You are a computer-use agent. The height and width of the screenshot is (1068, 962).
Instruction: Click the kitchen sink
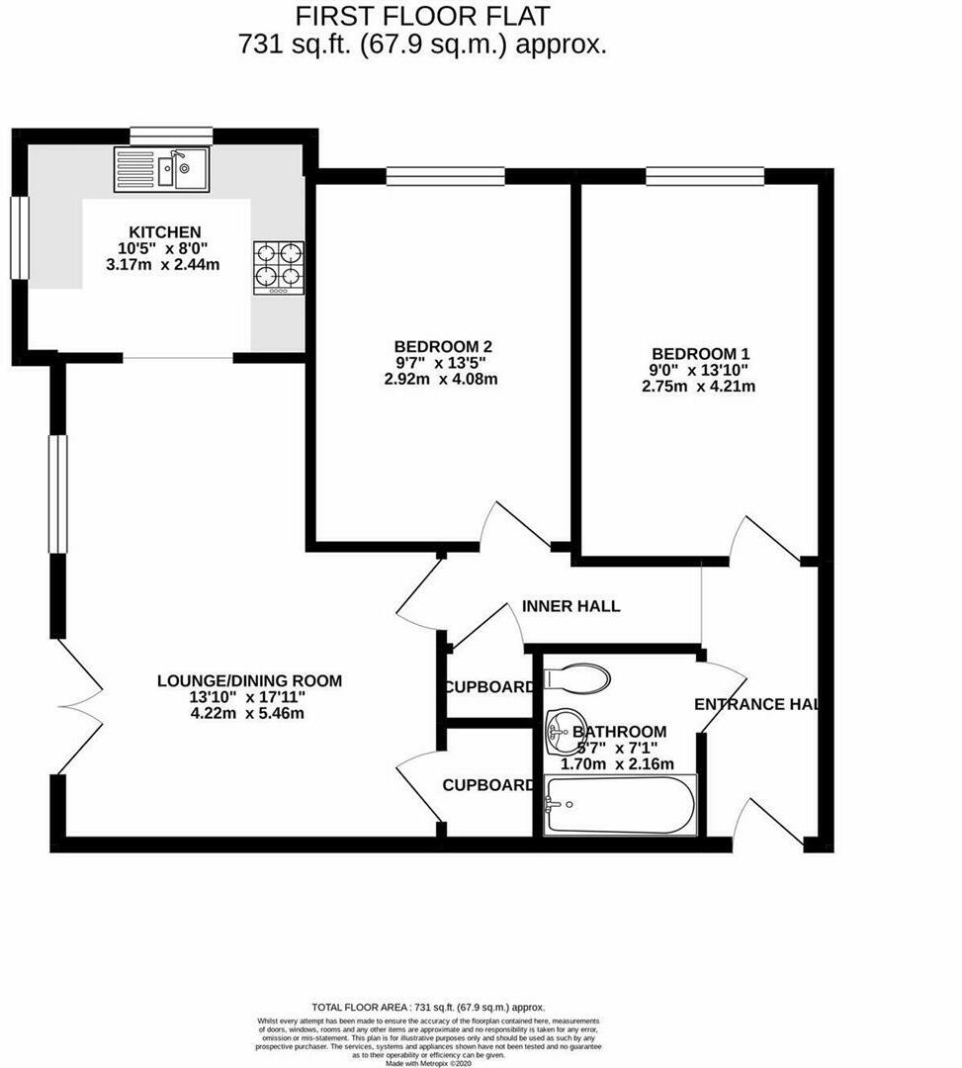pos(161,168)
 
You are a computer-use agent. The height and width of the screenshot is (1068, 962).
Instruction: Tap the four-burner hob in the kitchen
pos(279,267)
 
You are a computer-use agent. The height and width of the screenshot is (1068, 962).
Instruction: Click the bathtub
pos(621,805)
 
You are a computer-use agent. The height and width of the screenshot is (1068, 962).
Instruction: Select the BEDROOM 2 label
pos(443,346)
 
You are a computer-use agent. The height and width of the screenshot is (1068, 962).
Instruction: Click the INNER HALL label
pos(570,606)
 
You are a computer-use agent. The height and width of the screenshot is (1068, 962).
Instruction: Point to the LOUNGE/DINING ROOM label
pos(249,680)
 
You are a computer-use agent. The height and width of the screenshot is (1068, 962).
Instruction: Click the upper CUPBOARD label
pos(488,687)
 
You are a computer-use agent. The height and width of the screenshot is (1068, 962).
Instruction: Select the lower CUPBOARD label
pos(488,785)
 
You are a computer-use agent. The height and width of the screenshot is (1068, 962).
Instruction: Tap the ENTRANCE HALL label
pos(757,704)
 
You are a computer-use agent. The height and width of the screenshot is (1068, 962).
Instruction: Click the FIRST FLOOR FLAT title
pos(423,16)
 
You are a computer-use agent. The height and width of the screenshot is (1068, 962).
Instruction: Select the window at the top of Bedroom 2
pos(445,177)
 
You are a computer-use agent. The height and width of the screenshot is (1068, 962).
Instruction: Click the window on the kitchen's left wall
pos(20,238)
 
